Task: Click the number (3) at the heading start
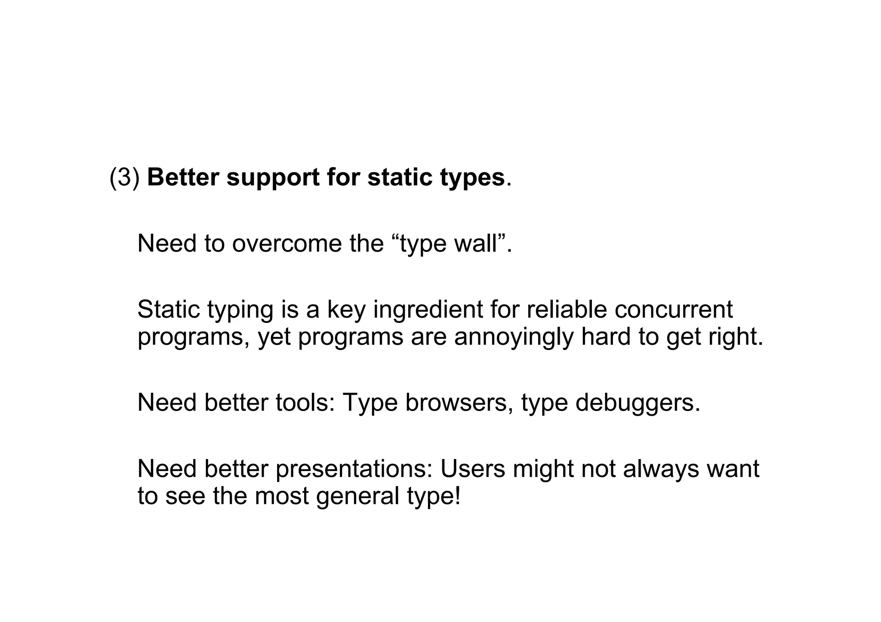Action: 125,177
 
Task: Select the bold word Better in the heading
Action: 183,177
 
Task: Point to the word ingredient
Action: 428,309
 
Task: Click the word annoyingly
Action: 514,337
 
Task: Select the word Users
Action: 473,469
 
